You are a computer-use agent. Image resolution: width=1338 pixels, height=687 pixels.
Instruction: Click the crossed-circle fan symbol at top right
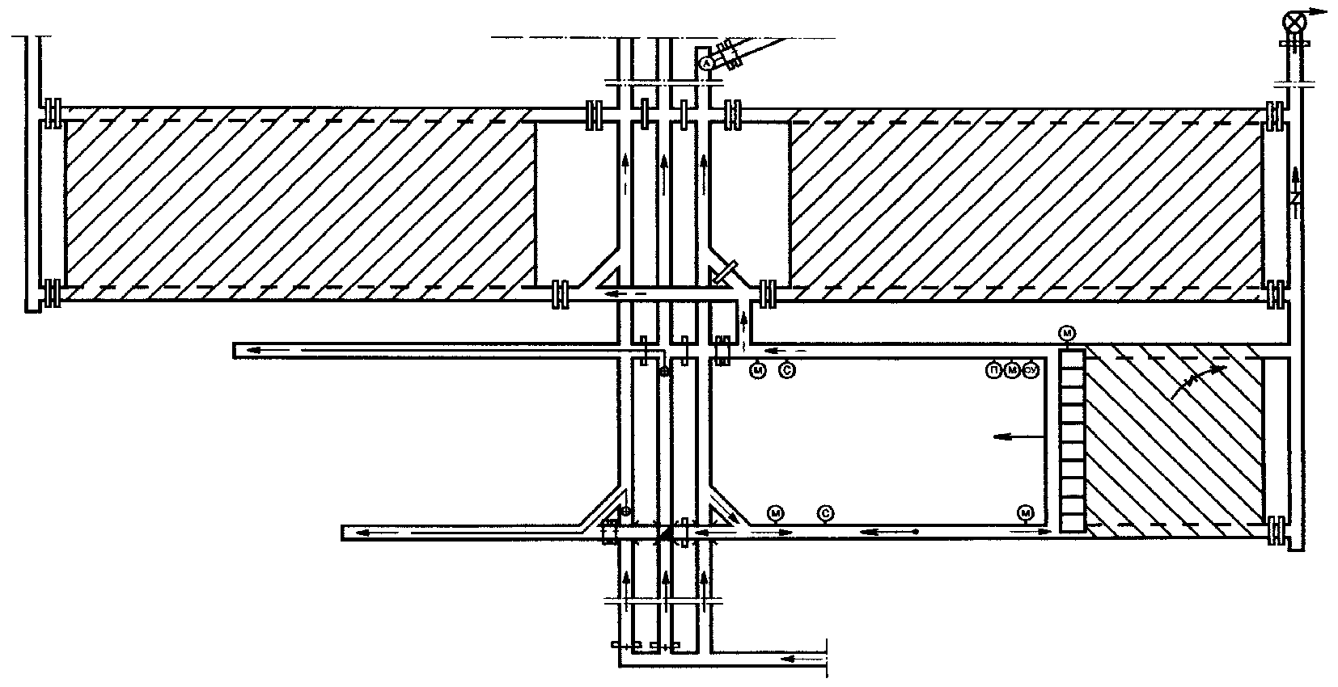1295,21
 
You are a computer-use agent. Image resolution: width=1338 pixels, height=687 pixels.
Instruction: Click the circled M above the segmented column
1068,333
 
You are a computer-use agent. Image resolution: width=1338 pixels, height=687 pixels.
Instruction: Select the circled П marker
993,371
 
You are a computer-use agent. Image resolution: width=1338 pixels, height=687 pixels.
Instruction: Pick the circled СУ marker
1030,371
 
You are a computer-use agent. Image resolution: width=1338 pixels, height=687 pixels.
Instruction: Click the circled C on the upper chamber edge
786,371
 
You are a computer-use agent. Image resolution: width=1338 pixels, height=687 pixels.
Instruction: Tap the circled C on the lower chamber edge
825,512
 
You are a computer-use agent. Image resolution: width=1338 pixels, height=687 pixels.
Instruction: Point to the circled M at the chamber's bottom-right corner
1026,512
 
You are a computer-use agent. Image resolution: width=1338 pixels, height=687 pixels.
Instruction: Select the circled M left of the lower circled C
776,512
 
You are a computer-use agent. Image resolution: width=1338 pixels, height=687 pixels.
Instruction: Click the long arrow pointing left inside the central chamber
1014,436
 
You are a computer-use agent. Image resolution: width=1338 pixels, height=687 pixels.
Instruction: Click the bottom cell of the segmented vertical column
1072,521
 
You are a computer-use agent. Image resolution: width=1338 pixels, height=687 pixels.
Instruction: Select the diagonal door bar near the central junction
725,272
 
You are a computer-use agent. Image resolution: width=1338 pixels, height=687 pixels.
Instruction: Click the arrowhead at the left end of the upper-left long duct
252,350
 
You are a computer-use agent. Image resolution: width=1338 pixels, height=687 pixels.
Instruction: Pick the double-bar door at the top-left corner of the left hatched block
53,113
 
